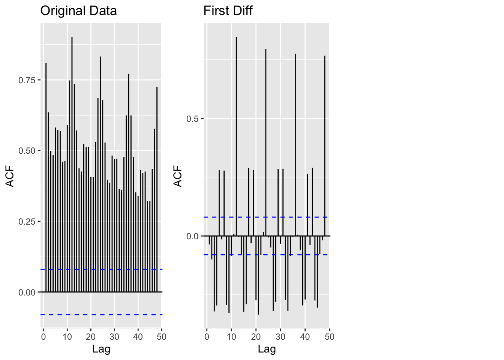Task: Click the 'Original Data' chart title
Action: tap(78, 10)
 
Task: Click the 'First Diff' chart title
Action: tap(228, 10)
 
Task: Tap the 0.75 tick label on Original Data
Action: tap(27, 80)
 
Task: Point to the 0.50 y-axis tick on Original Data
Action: tap(27, 151)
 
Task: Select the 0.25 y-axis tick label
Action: tap(27, 222)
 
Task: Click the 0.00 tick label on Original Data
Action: tap(27, 292)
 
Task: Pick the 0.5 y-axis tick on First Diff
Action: tap(192, 119)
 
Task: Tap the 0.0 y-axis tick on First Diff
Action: tap(192, 236)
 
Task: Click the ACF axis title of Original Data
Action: tap(10, 176)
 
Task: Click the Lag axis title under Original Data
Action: tap(101, 349)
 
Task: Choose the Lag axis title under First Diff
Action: tap(267, 349)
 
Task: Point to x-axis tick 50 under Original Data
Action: tap(162, 337)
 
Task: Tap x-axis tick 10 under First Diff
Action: tap(231, 337)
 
